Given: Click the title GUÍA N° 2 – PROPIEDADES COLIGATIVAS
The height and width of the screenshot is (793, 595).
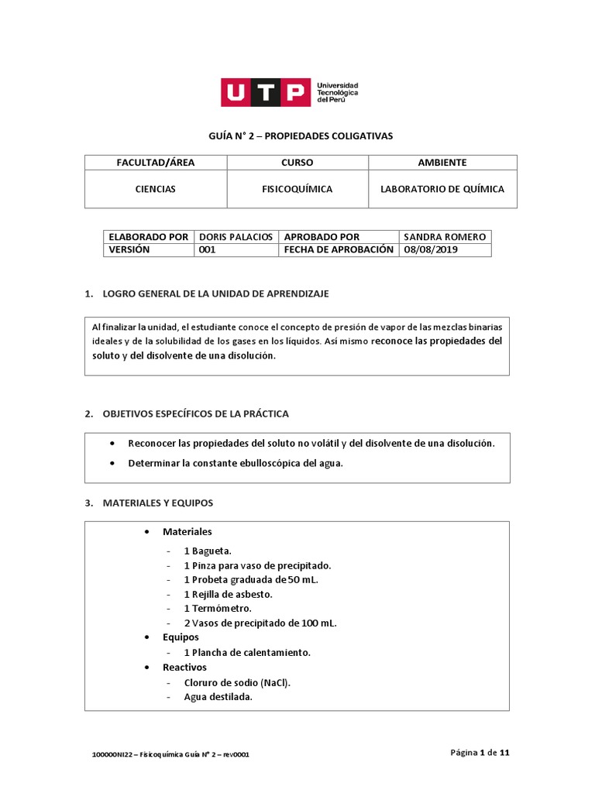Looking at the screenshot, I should [301, 136].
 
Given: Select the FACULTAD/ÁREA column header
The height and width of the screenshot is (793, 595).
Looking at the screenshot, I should [156, 163].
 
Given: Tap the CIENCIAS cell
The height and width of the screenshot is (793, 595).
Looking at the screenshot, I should [156, 189].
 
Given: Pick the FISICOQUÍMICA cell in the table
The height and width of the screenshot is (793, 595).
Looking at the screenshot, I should [297, 189].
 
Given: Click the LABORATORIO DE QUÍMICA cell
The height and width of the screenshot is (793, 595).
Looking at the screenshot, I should [442, 189].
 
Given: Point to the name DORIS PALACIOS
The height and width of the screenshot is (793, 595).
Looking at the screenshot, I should [236, 237].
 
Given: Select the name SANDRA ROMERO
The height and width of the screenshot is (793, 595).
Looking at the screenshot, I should [444, 237].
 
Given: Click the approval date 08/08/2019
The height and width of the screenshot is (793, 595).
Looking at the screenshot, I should [431, 250].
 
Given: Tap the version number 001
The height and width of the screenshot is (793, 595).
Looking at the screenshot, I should [207, 250].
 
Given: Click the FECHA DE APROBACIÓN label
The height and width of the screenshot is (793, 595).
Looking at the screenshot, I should [339, 250].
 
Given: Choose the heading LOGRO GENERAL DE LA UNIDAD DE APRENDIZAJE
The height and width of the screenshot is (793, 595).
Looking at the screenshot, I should [215, 294].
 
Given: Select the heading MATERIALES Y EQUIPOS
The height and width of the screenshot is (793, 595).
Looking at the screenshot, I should [157, 503].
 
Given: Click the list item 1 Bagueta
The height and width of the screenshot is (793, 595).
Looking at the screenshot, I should [208, 551].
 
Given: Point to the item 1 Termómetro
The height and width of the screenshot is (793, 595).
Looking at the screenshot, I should [218, 609].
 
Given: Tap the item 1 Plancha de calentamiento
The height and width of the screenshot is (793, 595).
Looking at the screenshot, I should [247, 652].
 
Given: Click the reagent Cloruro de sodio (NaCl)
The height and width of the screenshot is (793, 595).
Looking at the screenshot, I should [237, 682].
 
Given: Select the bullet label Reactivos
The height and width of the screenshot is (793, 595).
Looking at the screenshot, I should [184, 667].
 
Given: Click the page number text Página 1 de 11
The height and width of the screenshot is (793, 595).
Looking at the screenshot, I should [480, 753].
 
